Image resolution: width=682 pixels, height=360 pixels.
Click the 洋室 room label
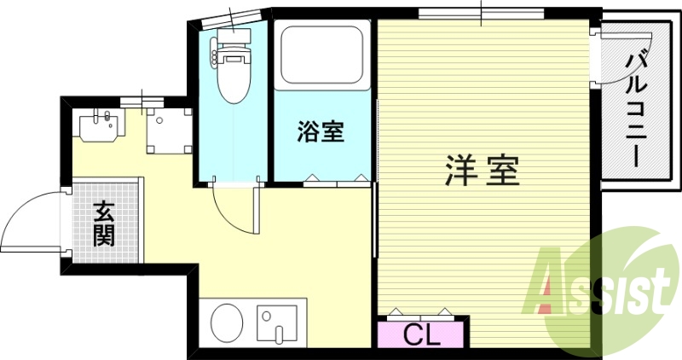click(x=482, y=171)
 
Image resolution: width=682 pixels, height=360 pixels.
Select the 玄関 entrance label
click(x=104, y=223)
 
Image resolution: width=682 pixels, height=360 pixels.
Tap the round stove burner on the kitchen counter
click(x=226, y=324)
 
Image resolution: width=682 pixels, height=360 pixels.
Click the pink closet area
click(x=421, y=333)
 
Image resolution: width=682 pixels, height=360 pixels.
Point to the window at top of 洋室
click(x=481, y=14)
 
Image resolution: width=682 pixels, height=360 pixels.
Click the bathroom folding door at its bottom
click(x=338, y=180)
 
